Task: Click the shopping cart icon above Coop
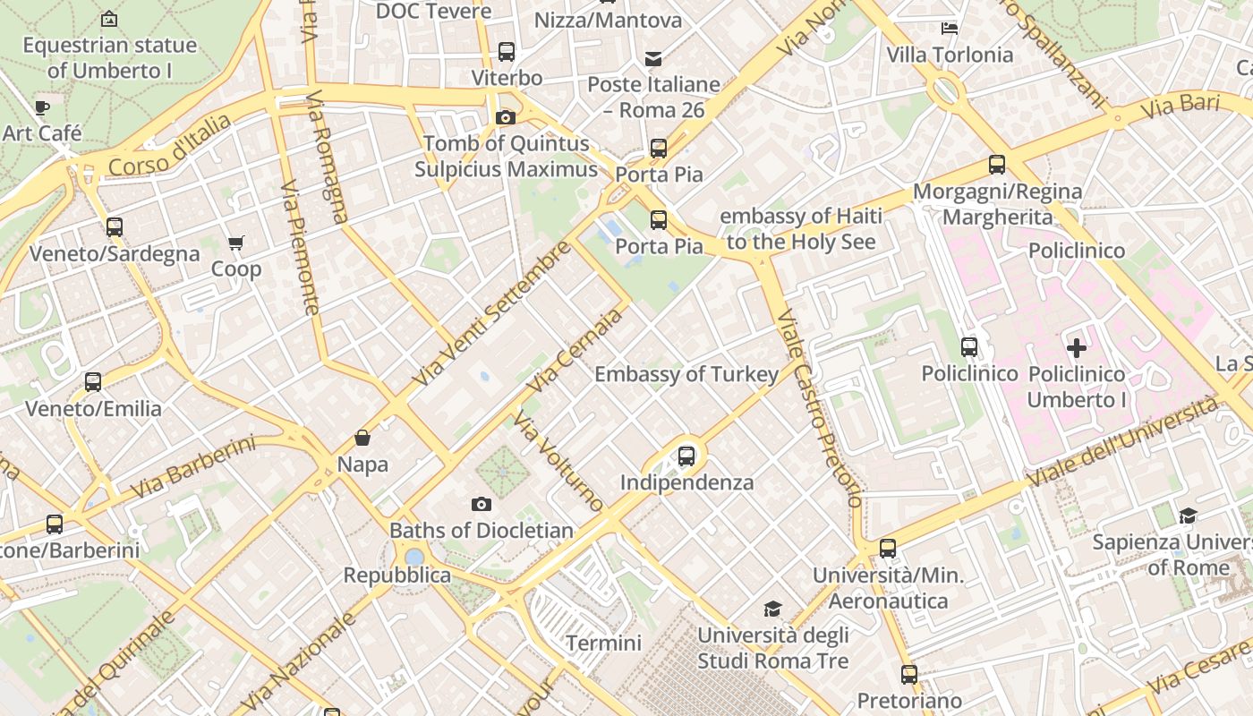[236, 243]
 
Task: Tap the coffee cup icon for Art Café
[42, 107]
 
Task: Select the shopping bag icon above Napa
[362, 438]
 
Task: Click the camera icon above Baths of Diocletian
[482, 504]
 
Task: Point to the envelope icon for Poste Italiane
[653, 59]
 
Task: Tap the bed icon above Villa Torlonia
[950, 29]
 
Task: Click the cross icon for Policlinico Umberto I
[1077, 347]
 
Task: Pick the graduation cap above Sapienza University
[1188, 516]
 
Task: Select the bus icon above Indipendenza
[686, 456]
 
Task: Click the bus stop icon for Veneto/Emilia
[93, 382]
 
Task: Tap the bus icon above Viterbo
[507, 52]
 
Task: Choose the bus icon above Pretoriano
[909, 674]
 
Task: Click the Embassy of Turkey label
[686, 374]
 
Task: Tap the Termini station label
[603, 643]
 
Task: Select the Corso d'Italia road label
[169, 145]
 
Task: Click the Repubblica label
[397, 575]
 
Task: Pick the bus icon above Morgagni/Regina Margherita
[997, 165]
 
